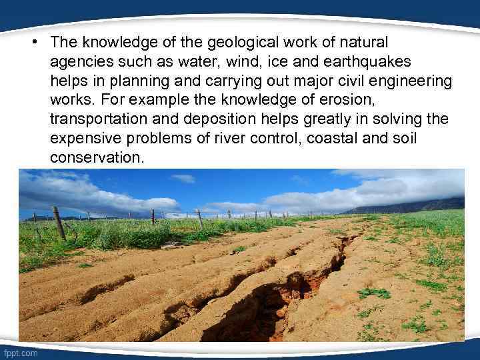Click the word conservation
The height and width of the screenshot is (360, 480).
(95, 158)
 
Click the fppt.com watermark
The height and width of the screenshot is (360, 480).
(21, 353)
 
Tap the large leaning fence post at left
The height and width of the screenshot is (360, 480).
(59, 222)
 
